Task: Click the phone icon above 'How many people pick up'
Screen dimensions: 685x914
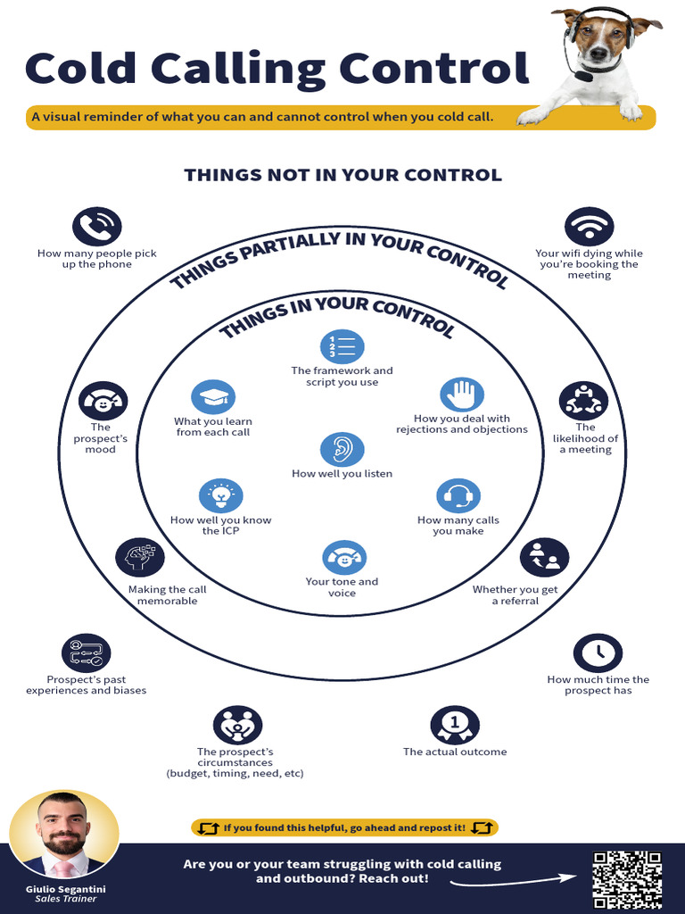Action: (x=96, y=226)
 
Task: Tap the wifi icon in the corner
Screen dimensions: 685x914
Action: (x=589, y=226)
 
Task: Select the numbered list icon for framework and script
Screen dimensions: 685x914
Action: (x=342, y=346)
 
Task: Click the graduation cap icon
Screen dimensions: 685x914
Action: (x=213, y=397)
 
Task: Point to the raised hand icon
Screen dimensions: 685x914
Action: (x=462, y=395)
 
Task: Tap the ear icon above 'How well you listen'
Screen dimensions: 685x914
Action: (x=342, y=450)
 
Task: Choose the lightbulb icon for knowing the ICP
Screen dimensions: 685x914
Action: (x=221, y=495)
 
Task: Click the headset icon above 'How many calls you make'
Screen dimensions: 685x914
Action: (x=458, y=495)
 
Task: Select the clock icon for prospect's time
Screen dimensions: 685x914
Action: (x=598, y=652)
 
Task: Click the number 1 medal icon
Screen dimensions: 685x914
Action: (x=455, y=725)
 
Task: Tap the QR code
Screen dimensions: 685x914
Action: (x=627, y=879)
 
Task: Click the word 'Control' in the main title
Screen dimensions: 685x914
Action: (x=434, y=68)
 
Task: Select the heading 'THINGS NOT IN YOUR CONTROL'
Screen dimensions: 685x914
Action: (x=342, y=175)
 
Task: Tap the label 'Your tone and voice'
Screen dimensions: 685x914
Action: (x=342, y=587)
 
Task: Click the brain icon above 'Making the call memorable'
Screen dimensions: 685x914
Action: (x=140, y=557)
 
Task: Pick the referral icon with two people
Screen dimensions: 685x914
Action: (x=544, y=557)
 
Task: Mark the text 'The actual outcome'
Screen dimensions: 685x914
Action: (x=455, y=752)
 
